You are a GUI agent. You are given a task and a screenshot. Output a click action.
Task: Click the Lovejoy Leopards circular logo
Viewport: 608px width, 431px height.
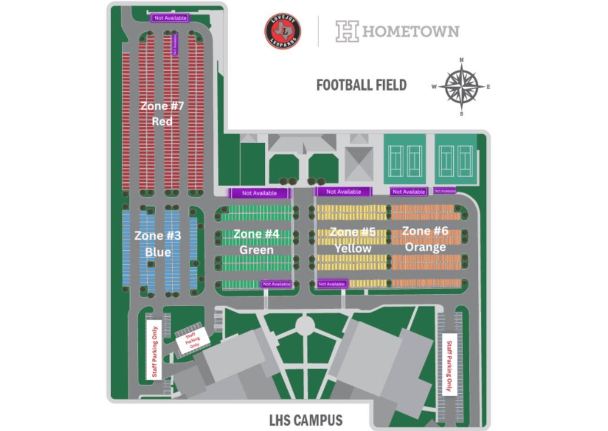(283, 31)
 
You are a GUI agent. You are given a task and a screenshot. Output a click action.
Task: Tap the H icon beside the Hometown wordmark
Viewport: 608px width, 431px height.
(347, 31)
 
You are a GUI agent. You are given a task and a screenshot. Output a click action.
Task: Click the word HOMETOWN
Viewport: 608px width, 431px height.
(410, 31)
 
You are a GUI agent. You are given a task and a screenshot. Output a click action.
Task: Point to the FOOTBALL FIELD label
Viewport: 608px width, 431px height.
(361, 85)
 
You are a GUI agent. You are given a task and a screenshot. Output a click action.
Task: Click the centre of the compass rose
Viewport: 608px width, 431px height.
(461, 87)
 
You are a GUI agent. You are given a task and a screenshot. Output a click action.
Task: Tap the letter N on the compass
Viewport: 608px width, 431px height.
(462, 60)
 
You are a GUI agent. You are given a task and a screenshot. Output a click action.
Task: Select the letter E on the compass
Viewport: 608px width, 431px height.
(489, 87)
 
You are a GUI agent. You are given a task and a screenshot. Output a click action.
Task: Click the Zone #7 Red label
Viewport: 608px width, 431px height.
(162, 114)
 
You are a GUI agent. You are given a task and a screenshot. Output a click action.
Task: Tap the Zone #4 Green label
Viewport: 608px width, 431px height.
(256, 241)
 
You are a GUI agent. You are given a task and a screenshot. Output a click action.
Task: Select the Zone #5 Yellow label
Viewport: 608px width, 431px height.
(352, 240)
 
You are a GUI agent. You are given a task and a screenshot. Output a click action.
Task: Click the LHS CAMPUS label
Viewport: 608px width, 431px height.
(305, 420)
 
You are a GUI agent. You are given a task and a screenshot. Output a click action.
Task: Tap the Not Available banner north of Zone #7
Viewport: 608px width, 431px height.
(170, 18)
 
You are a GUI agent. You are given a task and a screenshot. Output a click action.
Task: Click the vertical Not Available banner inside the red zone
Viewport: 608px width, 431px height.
(174, 45)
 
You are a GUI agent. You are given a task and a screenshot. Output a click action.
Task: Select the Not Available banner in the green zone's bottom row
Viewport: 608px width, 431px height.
(277, 284)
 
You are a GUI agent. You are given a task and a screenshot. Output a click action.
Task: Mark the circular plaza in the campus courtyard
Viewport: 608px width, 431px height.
(305, 324)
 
